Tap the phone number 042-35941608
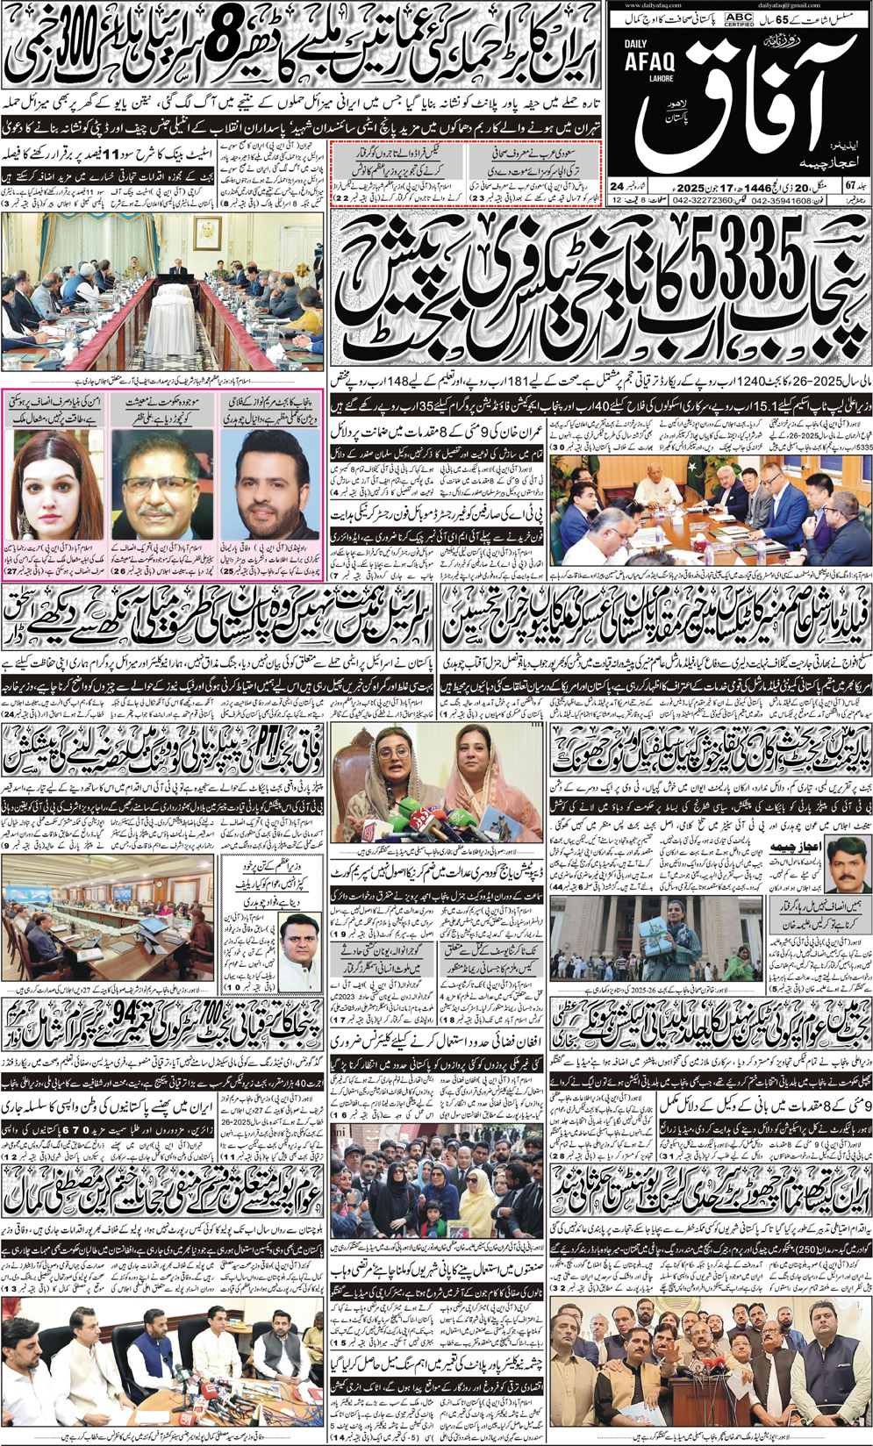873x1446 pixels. tap(781, 200)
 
